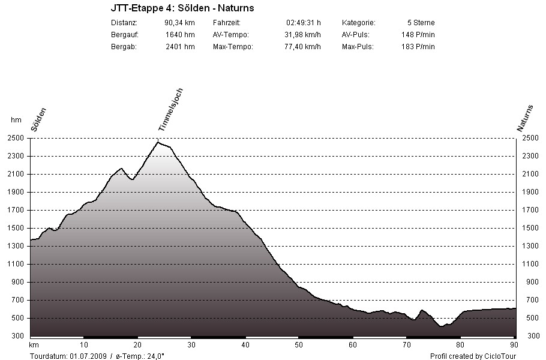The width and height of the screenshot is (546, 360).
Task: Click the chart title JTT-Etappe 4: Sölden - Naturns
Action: (182, 8)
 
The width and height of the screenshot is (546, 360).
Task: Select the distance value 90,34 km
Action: (179, 22)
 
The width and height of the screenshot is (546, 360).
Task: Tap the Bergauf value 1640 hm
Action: (180, 34)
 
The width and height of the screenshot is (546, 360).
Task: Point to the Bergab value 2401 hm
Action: (180, 46)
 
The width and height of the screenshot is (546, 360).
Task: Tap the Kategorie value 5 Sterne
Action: (420, 22)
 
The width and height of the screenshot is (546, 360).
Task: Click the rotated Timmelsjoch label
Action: (170, 110)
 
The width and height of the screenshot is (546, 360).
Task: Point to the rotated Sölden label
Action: (38, 119)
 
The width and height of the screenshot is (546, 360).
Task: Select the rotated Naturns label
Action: (525, 118)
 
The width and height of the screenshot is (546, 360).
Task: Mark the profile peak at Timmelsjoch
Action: (158, 142)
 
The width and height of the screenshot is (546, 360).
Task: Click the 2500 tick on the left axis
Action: (16, 138)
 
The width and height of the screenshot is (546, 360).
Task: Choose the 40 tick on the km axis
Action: (245, 344)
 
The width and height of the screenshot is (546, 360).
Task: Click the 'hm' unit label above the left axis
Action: (16, 120)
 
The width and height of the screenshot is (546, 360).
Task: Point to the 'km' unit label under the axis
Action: (34, 344)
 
